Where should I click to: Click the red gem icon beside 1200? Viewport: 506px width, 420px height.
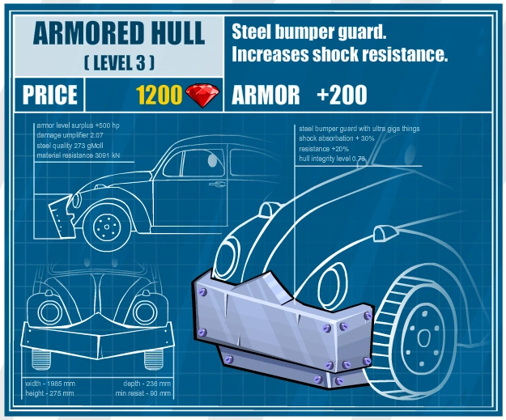coord(202,95)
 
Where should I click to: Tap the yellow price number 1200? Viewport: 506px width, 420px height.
coord(159,95)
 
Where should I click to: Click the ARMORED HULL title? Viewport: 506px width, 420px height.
coord(119,35)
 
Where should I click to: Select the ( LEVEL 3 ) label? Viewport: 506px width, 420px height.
coord(119,62)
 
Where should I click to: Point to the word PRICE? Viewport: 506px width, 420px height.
coord(49,95)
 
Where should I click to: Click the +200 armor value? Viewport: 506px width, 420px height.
coord(342,95)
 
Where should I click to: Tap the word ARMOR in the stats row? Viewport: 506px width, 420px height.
coord(266,95)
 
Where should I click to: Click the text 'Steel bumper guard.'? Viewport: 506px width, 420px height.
coord(308,33)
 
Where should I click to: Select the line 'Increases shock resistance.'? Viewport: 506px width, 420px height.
coord(339,55)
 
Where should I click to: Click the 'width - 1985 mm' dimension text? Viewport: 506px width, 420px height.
coord(56,383)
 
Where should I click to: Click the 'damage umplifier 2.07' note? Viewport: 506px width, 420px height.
coord(71,135)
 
